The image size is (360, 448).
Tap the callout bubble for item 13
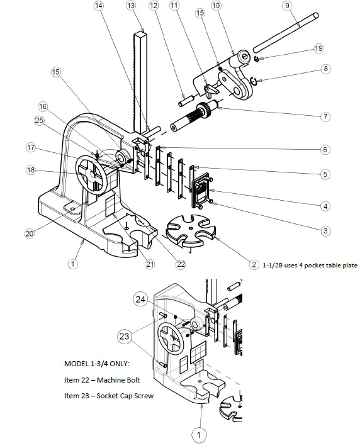coord(131,6)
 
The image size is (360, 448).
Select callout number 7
coord(325,116)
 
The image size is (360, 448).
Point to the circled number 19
coord(318,49)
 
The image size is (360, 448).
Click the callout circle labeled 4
coord(325,205)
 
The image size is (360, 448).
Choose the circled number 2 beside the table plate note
coord(254,265)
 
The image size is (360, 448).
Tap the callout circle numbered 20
coord(29,233)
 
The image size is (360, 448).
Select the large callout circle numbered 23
coord(125,336)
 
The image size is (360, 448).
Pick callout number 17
coord(30,148)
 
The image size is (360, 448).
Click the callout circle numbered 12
coord(154,6)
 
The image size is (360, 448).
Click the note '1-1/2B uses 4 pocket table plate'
coord(310,266)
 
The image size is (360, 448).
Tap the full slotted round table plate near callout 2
coord(188,230)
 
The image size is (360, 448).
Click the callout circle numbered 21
coord(150,264)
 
